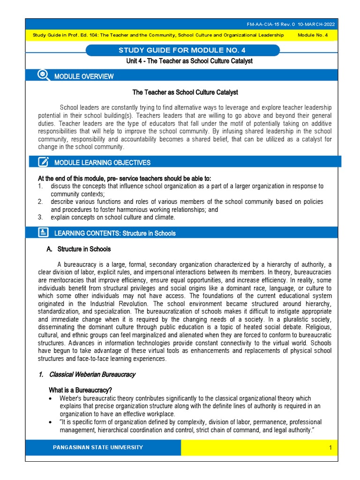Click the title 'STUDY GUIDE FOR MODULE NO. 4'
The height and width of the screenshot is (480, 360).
tap(183, 51)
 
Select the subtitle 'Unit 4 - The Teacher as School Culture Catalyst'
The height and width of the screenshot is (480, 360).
tap(183, 61)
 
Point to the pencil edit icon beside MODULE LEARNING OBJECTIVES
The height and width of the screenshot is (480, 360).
tap(44, 162)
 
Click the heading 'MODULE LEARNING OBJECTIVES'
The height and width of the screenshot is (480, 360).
tap(103, 163)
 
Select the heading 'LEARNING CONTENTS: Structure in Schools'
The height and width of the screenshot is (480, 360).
tap(115, 233)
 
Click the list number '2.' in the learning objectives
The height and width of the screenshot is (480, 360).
tap(41, 202)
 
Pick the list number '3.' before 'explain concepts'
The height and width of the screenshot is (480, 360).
tap(41, 217)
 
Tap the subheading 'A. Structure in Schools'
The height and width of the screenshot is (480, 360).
tap(79, 249)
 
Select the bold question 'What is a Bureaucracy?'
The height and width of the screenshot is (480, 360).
tap(80, 390)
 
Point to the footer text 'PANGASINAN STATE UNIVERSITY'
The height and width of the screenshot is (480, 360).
tap(98, 447)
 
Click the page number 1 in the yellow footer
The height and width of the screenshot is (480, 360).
tap(330, 448)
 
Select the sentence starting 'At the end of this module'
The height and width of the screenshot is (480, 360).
tap(124, 178)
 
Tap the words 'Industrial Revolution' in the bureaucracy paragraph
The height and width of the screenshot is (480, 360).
tap(104, 304)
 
